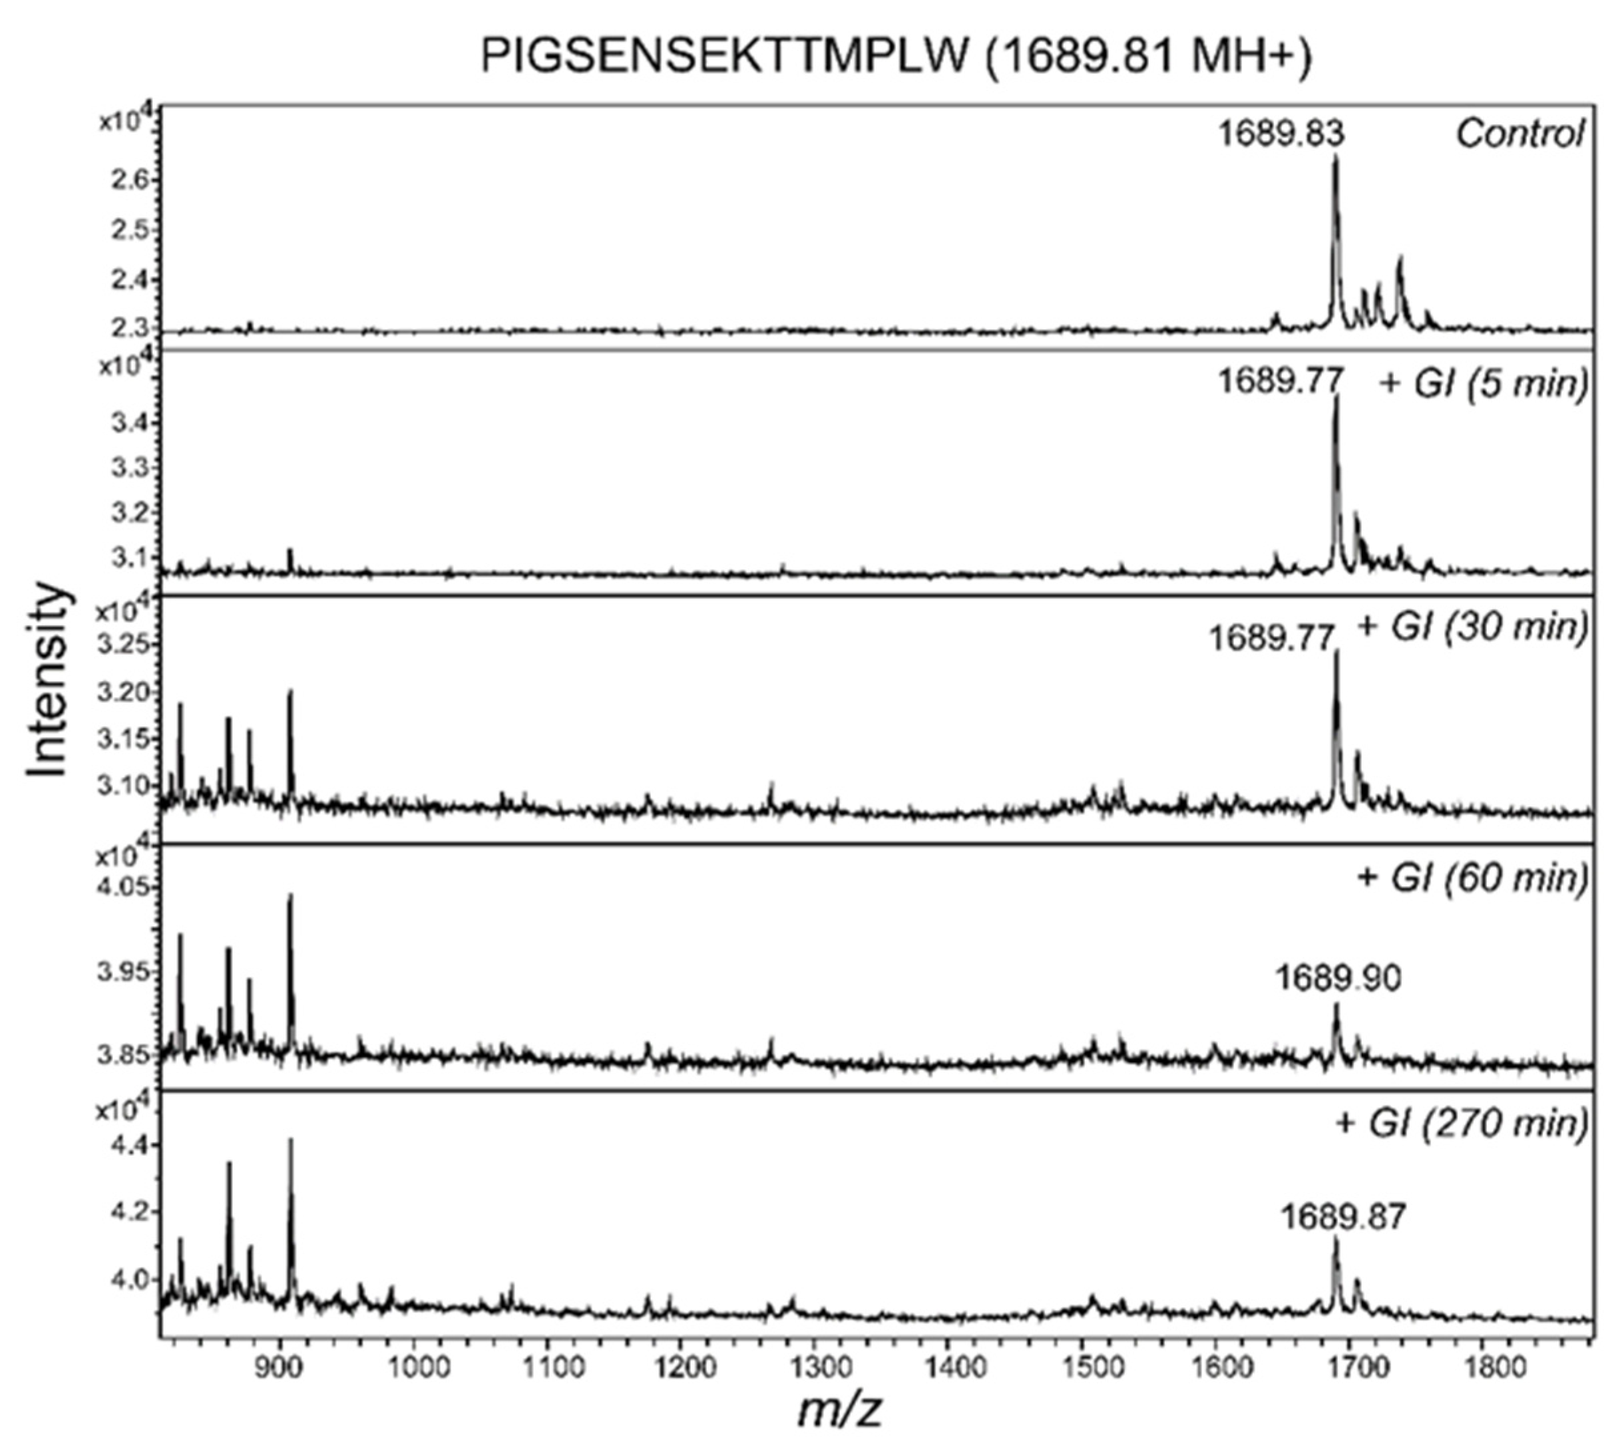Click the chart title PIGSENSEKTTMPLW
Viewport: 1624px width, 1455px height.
pyautogui.click(x=896, y=58)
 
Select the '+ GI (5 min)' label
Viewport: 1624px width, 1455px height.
pyautogui.click(x=1484, y=383)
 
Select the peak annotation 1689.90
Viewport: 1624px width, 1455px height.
pyautogui.click(x=1338, y=979)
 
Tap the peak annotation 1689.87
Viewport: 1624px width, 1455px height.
pyautogui.click(x=1342, y=1217)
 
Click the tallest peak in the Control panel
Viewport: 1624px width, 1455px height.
pyautogui.click(x=1334, y=158)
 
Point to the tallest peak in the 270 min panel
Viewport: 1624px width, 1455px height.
pyautogui.click(x=291, y=1140)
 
